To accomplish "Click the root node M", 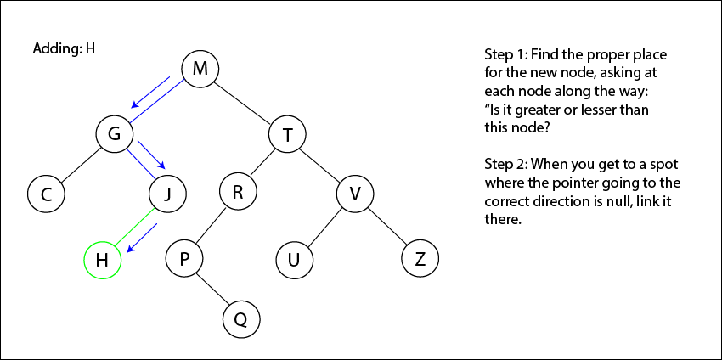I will [200, 68].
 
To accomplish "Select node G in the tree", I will [114, 132].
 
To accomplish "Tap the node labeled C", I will [47, 194].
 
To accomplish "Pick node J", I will [167, 194].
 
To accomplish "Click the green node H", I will [102, 261].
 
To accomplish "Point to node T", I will [287, 134].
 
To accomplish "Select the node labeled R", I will [238, 192].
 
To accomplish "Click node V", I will [355, 194].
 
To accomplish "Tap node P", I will [184, 258].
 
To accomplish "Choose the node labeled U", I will [294, 260].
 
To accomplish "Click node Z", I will [420, 259].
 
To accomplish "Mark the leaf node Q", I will [240, 319].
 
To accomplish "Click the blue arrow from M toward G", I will [150, 93].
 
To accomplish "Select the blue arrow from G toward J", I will [151, 155].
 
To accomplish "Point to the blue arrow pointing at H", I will [143, 239].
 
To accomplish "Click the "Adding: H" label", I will [63, 48].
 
